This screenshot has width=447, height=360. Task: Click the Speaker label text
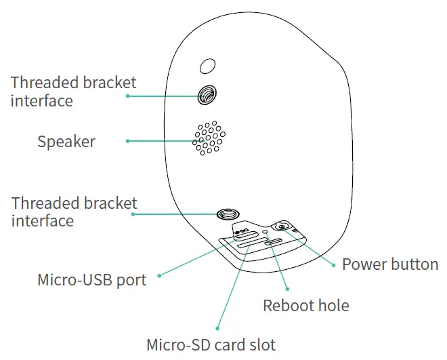click(x=66, y=142)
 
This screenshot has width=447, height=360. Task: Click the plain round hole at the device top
click(x=208, y=65)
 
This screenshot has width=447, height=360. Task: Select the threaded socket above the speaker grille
click(x=207, y=95)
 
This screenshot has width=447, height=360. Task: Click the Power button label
click(x=389, y=264)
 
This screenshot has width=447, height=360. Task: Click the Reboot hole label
click(x=306, y=305)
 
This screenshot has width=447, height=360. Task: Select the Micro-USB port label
click(x=92, y=279)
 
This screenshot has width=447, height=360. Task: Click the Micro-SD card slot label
click(x=211, y=344)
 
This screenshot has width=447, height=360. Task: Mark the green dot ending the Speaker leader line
click(x=127, y=141)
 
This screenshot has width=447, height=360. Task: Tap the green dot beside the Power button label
click(x=334, y=264)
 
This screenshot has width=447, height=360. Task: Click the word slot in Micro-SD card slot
click(x=263, y=344)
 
